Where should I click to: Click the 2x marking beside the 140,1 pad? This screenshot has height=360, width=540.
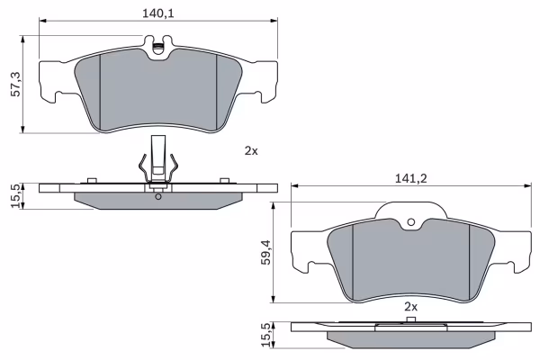[251, 151]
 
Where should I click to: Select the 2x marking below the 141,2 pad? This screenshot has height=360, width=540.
[411, 307]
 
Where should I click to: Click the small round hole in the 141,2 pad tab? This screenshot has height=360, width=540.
[411, 222]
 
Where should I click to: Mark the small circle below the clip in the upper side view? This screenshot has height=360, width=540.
[158, 196]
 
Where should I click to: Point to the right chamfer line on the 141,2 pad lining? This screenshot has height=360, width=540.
[471, 261]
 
